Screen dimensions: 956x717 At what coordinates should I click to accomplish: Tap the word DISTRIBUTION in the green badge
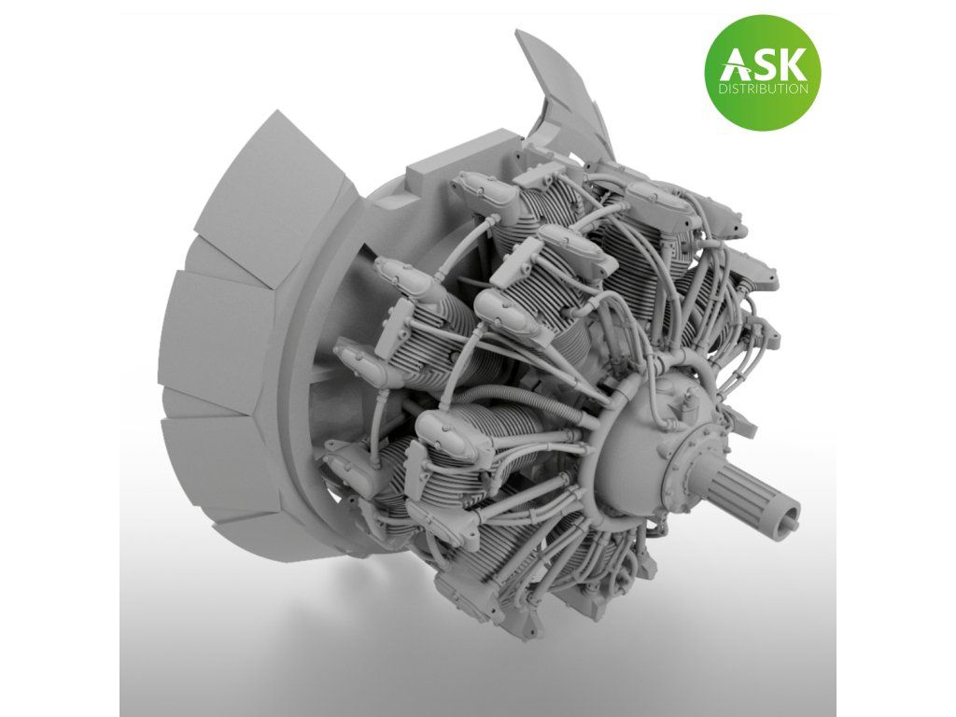[x=764, y=89]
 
